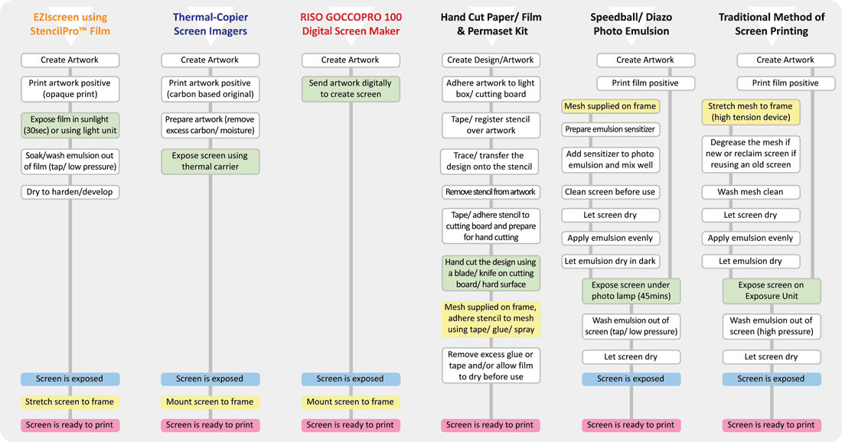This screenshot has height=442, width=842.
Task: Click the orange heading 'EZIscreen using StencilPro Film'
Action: click(70, 24)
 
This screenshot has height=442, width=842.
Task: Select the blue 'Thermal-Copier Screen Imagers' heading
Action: click(210, 24)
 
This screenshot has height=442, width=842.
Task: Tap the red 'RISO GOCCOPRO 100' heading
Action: click(351, 17)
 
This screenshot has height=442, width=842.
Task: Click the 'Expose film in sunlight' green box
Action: click(70, 125)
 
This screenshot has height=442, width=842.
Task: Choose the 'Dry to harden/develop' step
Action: click(70, 192)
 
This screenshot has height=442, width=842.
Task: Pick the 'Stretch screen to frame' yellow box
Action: click(70, 401)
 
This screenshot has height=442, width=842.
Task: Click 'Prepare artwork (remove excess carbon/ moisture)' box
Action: click(210, 125)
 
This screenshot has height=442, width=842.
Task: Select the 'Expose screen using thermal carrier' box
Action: click(210, 161)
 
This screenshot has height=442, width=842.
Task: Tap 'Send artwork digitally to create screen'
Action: click(351, 89)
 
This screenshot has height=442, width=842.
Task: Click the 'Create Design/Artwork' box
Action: click(491, 60)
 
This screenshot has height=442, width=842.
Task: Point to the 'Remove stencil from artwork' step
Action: click(491, 192)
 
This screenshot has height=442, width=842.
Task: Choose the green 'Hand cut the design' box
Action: click(491, 273)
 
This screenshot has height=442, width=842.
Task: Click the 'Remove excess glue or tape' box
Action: click(491, 366)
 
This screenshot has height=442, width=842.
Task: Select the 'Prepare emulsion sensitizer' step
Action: click(611, 129)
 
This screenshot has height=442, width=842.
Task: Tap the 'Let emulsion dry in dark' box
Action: click(611, 262)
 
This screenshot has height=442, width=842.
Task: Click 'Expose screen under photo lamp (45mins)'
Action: click(631, 291)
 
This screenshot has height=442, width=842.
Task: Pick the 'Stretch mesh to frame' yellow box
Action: click(751, 112)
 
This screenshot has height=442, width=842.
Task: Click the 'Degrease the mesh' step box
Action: click(751, 154)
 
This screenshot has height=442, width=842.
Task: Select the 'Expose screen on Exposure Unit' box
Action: click(771, 291)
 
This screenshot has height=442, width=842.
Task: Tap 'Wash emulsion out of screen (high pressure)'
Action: click(771, 326)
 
